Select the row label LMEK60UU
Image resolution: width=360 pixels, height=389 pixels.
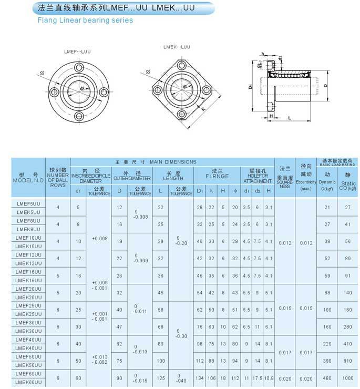point(28,383)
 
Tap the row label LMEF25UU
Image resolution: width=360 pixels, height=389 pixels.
point(28,305)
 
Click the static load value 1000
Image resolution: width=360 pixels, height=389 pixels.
point(347,378)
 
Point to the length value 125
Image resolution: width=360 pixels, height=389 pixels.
point(160,378)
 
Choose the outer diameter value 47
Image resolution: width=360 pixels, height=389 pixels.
point(119,326)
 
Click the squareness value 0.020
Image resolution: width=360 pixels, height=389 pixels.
point(284,378)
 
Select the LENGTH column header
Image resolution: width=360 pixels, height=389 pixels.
point(173,176)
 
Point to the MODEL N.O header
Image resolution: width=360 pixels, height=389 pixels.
point(28,177)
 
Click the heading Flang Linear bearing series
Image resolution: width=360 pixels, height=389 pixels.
point(85,21)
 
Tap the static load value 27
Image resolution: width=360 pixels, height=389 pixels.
point(347,207)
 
